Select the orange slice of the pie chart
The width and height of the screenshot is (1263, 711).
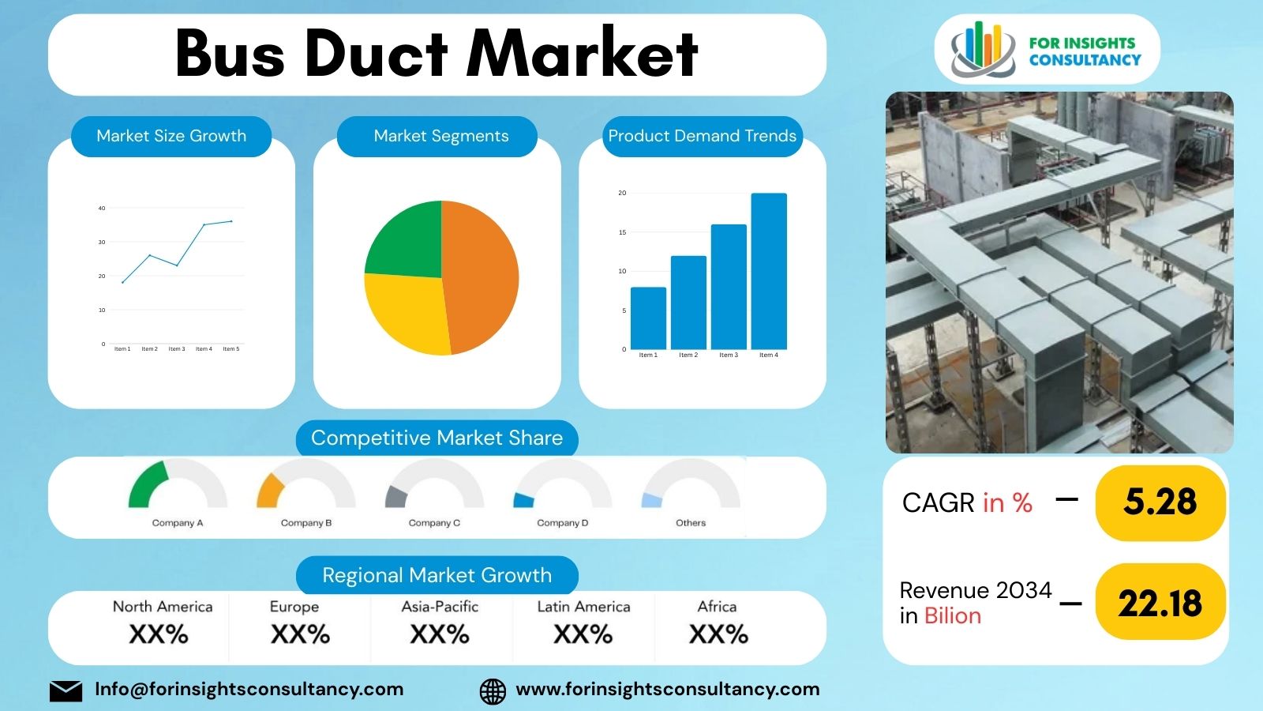coord(482,276)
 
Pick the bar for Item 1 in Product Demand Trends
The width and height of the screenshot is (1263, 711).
coord(648,318)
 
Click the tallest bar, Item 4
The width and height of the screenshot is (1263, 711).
coord(768,271)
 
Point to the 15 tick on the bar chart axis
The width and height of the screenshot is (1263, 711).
coord(622,232)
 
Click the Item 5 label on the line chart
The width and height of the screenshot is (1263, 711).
coord(230,349)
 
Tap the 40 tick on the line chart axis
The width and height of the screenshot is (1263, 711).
coord(102,209)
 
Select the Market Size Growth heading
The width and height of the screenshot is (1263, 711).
coord(171,136)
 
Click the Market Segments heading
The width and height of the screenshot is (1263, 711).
coord(440,136)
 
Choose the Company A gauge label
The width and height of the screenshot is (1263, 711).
coord(178,523)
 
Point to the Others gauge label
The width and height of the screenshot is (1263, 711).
coord(691,523)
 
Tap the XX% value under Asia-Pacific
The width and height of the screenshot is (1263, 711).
coord(440,634)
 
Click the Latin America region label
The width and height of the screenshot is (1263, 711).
coord(583,607)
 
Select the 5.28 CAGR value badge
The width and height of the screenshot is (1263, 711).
coord(1160,502)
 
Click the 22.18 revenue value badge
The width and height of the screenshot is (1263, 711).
coord(1160,604)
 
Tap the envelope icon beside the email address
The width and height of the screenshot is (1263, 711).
coord(66,690)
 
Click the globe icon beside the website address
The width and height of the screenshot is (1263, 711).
coord(493,690)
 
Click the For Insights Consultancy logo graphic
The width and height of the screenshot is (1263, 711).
coord(983,49)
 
